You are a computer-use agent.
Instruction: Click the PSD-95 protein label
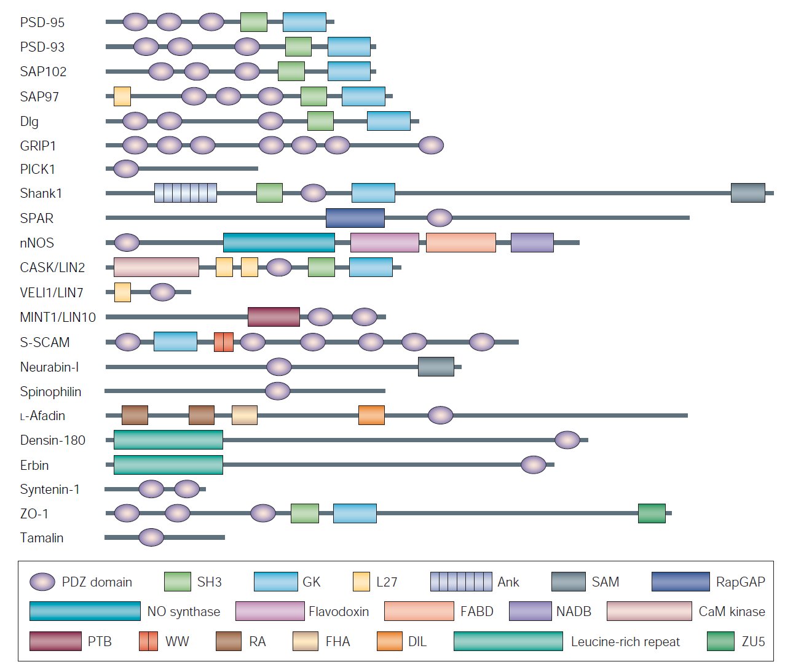(42, 23)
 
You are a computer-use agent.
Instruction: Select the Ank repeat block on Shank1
(185, 193)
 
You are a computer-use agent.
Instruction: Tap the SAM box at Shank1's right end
(748, 193)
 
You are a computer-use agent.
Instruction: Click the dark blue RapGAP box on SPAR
(355, 218)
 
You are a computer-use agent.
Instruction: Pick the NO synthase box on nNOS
(278, 243)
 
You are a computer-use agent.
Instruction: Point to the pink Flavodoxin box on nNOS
(384, 243)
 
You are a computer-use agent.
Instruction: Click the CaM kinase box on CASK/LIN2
(156, 267)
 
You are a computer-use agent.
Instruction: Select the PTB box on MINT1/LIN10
(274, 317)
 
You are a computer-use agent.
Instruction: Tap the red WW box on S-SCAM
(223, 342)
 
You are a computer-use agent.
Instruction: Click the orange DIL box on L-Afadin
(371, 415)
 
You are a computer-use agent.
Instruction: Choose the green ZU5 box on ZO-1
(652, 513)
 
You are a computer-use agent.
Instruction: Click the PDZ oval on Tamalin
(151, 537)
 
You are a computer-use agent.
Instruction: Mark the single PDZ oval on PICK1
(126, 168)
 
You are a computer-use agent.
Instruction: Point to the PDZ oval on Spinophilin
(277, 391)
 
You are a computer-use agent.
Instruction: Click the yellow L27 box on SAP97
(122, 96)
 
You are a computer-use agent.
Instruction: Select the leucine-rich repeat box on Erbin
(168, 465)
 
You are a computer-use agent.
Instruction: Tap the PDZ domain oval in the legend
(42, 582)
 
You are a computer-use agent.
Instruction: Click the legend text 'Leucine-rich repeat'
(625, 642)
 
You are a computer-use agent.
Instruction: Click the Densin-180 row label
(52, 440)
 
